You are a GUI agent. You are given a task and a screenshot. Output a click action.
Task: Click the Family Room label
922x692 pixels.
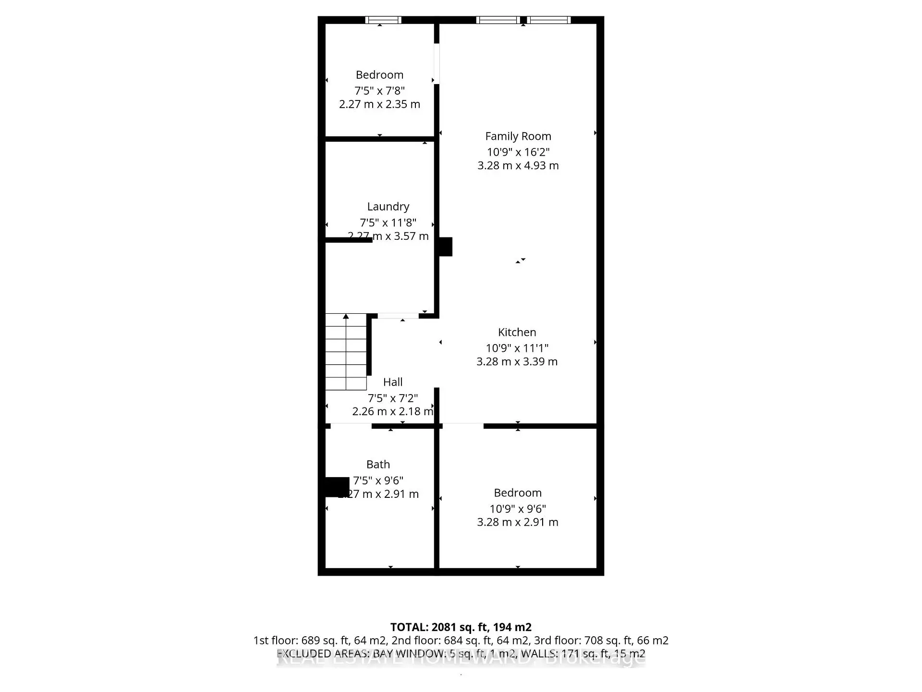pos(518,136)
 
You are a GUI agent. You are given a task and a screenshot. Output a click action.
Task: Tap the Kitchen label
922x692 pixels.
pos(517,332)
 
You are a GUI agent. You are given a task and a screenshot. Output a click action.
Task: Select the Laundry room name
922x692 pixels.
pos(388,207)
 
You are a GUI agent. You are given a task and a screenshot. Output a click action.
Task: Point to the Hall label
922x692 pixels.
pos(392,382)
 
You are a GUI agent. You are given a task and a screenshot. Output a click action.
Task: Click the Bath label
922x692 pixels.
pos(378,464)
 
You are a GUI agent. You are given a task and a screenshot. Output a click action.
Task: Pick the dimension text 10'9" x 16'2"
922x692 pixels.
pos(518,152)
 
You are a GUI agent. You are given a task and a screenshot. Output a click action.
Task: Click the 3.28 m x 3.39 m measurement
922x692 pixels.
pos(517,361)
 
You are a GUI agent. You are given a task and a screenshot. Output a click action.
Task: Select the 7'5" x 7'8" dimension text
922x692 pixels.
pos(379,90)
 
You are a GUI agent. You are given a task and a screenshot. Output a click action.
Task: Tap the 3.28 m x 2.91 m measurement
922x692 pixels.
pos(517,522)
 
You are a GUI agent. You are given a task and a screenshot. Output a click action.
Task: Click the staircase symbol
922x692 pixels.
pos(346,352)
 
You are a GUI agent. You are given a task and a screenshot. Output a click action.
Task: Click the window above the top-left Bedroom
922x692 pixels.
pos(383,20)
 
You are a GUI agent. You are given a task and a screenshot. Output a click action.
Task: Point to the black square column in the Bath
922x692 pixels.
pos(337,486)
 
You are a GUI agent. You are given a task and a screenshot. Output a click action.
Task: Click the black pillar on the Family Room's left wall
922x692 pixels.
pos(446,247)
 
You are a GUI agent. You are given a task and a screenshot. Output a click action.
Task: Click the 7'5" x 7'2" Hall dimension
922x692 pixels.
pos(392,398)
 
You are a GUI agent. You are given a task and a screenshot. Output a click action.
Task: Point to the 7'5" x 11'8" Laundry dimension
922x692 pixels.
pos(388,222)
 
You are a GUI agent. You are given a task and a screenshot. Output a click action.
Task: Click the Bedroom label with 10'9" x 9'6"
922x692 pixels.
pos(517,493)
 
